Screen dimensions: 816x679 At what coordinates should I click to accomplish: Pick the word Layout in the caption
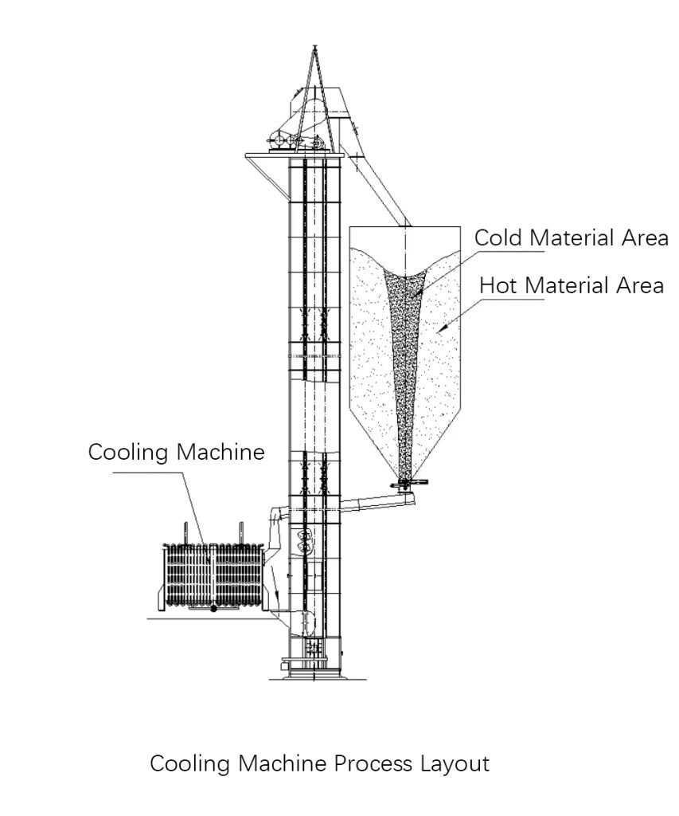pyautogui.click(x=455, y=764)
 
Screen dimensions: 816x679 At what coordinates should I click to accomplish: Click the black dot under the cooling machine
pyautogui.click(x=213, y=609)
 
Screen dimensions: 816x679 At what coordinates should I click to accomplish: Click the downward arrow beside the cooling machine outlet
pyautogui.click(x=276, y=594)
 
